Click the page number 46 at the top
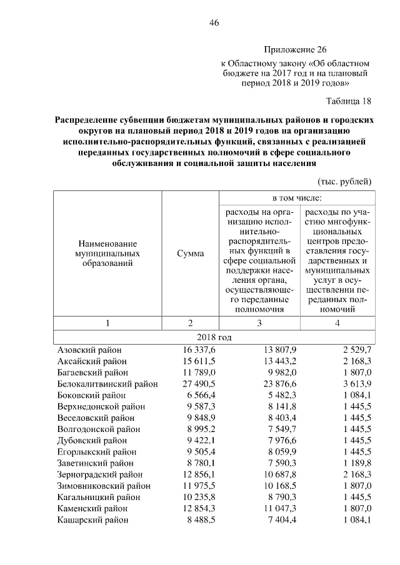[x=214, y=23]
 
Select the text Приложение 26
[x=295, y=49]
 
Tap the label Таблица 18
[x=349, y=101]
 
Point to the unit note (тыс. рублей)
[x=345, y=182]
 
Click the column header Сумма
[x=190, y=254]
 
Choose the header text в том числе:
[x=296, y=198]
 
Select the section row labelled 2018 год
[x=214, y=337]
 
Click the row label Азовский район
[x=89, y=350]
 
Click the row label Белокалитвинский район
[x=107, y=384]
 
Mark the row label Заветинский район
[x=95, y=463]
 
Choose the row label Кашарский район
[x=92, y=519]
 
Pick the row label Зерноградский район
[x=99, y=474]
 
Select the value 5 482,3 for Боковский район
[x=281, y=395]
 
